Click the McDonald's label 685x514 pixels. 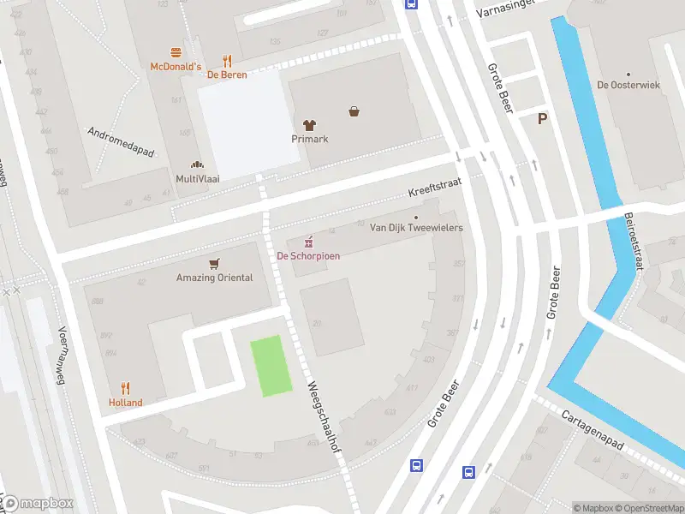coord(176,66)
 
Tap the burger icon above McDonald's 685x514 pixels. coord(176,52)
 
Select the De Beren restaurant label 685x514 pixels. coord(227,75)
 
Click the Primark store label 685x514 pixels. coord(309,139)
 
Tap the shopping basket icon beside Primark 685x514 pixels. coord(354,111)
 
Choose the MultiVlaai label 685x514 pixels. coord(197,178)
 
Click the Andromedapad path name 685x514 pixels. coord(121,142)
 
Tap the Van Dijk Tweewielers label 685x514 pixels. coord(415,228)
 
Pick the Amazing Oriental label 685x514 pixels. coord(214,278)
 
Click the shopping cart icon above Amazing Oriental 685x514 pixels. coord(214,263)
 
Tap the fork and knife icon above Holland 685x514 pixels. coord(125,388)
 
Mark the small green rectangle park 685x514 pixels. coord(271,366)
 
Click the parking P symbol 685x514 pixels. coord(542,119)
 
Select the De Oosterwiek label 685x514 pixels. coord(628,85)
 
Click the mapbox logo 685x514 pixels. coord(38,504)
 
